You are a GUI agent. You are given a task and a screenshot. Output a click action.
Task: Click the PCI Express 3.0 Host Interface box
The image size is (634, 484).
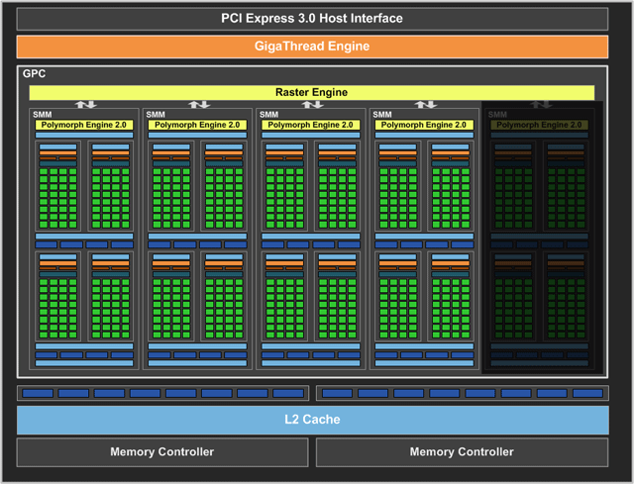point(312,19)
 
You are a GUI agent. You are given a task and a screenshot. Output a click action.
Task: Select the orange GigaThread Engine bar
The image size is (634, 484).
point(312,47)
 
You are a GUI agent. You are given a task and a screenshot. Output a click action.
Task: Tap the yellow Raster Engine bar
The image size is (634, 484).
point(312,93)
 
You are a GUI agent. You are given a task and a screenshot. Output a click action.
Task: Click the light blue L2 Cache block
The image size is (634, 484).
point(312,420)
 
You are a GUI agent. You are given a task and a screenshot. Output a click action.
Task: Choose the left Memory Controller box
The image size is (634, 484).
point(161,452)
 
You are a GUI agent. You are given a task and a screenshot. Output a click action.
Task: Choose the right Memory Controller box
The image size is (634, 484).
point(462,452)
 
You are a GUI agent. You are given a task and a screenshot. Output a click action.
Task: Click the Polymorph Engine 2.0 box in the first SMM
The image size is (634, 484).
point(85,125)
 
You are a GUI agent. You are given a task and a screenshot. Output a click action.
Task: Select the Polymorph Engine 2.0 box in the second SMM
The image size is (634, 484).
point(198,125)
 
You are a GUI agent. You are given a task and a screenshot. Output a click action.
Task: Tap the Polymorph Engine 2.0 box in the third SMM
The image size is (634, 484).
point(311,125)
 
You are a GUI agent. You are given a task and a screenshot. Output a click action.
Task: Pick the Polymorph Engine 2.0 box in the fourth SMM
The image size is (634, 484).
point(424,125)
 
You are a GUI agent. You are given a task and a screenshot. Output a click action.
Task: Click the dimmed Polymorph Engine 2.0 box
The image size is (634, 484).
point(539,125)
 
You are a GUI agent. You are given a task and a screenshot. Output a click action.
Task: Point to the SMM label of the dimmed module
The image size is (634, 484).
point(496,115)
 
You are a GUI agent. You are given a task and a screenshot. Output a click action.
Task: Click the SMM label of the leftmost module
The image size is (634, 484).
point(42,115)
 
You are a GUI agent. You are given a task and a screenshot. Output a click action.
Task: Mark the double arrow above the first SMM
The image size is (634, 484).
point(86,104)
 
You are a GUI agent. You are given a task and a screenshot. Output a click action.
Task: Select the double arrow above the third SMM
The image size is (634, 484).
point(312,104)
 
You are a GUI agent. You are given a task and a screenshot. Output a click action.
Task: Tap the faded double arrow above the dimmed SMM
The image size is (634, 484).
point(540,104)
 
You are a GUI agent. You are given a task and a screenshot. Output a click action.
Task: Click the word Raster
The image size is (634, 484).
point(295,93)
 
